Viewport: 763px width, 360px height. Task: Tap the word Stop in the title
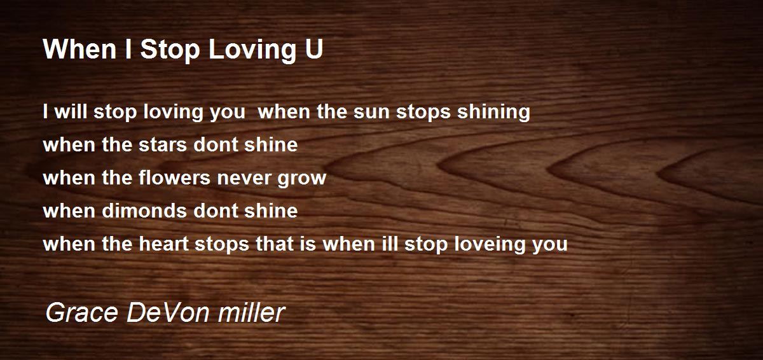[170, 50]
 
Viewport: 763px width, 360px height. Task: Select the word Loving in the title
[252, 51]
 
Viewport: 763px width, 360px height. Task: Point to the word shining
[493, 112]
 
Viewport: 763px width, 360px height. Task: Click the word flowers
[174, 177]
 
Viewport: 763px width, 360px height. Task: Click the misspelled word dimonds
[144, 211]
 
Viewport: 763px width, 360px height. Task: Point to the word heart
[164, 244]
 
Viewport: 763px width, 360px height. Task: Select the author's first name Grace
[82, 313]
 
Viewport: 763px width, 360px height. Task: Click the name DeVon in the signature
[168, 312]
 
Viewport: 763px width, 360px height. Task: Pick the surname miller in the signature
[252, 312]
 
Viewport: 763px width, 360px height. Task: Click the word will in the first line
[71, 111]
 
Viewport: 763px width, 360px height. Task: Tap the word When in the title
[79, 50]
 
